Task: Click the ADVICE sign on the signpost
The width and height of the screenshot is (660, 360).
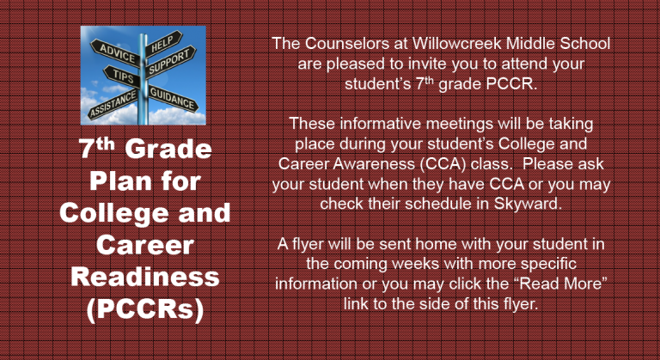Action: tap(115, 52)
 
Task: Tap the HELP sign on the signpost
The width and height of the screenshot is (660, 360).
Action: tap(164, 43)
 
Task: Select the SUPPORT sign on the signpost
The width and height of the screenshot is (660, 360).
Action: tap(170, 62)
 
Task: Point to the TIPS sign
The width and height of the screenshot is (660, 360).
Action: tap(122, 76)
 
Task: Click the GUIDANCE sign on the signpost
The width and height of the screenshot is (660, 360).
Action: tap(173, 99)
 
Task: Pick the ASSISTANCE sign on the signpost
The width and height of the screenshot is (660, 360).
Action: tap(113, 104)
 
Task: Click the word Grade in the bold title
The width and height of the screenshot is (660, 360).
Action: tap(168, 149)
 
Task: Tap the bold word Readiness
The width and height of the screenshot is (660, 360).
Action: tap(145, 277)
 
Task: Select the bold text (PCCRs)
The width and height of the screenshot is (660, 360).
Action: tap(145, 309)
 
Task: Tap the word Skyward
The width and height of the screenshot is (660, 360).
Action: tap(528, 204)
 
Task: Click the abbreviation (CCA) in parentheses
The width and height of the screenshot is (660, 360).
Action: tap(443, 164)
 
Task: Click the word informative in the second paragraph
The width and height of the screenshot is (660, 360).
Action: tap(381, 124)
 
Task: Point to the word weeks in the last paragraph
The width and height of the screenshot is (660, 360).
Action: tap(416, 264)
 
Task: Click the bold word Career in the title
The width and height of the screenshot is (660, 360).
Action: tap(145, 245)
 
